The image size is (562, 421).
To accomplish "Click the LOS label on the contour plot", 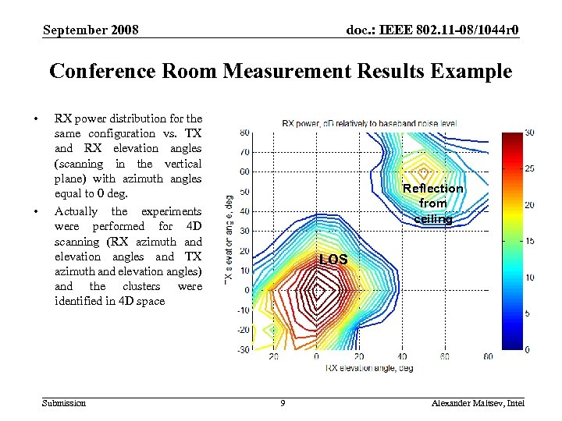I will point(333,258).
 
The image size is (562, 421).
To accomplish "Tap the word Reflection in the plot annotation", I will point(432,189).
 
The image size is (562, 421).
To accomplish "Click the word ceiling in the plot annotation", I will point(432,218).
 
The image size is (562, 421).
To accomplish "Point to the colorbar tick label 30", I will point(530,133).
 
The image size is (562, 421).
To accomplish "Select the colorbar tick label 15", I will point(530,241).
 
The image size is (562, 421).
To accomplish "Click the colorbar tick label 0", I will point(528,348).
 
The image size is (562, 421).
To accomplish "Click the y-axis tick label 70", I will point(244,151).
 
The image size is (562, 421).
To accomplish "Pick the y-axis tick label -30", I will point(243,348).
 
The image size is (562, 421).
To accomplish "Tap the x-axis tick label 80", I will point(487,357).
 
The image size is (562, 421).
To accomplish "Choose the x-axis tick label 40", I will point(401,357).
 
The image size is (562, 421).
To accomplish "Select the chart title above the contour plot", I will point(369,122).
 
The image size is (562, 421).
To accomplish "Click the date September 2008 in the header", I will point(91,30).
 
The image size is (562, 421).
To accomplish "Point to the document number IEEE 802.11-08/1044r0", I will point(432,30).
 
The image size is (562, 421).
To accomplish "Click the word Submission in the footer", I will point(65,402).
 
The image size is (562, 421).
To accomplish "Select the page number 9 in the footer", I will point(283,402).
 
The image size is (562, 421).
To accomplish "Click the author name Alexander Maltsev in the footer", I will point(465,402).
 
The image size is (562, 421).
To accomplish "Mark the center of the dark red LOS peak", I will point(317,290).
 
